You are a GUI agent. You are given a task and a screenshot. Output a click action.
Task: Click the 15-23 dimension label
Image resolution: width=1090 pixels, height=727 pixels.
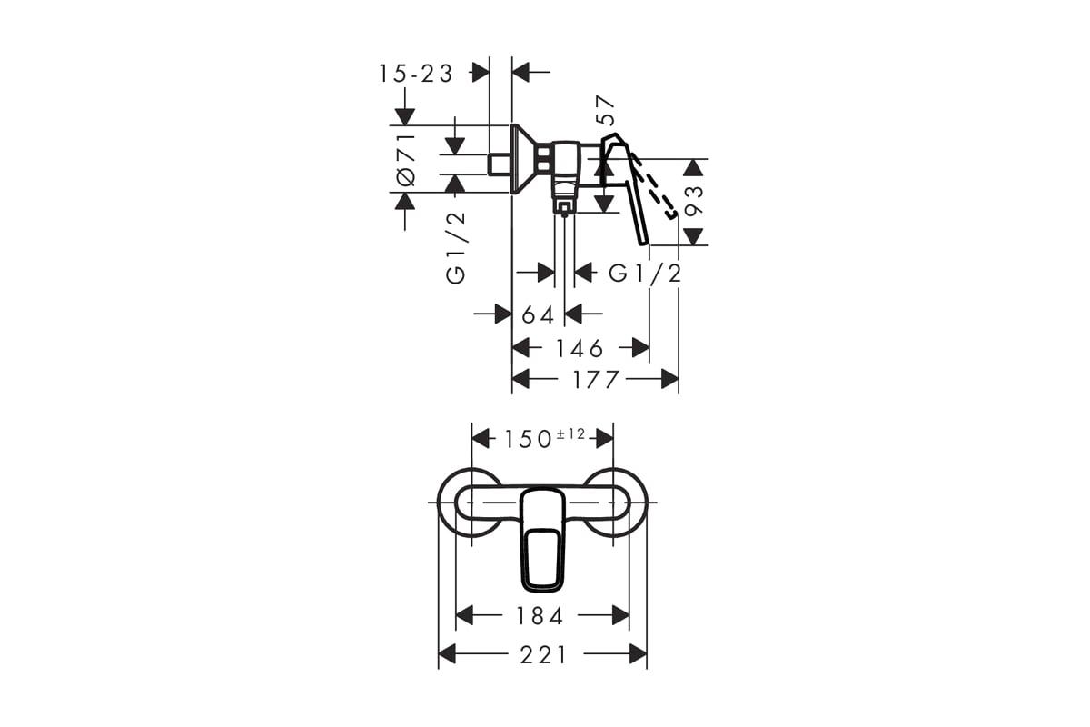[416, 74]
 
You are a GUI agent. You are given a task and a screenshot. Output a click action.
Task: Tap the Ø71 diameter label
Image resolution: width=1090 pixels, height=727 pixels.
[407, 160]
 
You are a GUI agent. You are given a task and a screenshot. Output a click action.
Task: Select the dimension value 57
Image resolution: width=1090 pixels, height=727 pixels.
[606, 110]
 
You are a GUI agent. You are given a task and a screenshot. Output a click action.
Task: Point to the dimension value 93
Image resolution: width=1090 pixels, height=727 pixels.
[694, 201]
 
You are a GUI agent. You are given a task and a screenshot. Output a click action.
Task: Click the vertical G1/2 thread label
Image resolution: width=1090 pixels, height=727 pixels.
[456, 248]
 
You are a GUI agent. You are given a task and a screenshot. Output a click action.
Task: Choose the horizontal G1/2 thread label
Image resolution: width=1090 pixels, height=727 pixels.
[645, 274]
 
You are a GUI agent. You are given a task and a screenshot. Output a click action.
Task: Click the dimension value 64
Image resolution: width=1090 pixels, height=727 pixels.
[538, 315]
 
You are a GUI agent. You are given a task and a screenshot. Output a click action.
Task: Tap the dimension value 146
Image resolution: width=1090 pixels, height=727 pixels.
[580, 349]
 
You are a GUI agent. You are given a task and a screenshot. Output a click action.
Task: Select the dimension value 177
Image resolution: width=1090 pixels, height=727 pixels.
[596, 380]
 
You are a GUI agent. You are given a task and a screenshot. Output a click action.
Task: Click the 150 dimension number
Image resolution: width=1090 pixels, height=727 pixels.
[528, 439]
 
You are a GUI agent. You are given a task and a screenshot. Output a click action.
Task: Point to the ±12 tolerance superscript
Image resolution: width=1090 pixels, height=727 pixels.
[570, 433]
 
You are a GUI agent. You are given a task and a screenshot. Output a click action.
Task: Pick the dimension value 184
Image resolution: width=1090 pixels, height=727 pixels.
[540, 616]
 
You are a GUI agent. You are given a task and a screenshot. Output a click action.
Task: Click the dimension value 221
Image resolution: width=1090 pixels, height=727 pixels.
[543, 655]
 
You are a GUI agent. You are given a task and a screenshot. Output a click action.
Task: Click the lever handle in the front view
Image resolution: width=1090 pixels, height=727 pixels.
[542, 541]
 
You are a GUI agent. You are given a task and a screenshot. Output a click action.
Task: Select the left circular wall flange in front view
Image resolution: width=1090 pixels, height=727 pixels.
[439, 502]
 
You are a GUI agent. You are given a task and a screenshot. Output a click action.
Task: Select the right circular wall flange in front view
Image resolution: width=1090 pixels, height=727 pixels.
[646, 502]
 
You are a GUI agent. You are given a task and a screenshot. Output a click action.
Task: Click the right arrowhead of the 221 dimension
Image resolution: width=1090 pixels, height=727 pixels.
[638, 654]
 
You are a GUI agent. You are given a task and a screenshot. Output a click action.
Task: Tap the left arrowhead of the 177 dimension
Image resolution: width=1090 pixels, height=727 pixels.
[520, 379]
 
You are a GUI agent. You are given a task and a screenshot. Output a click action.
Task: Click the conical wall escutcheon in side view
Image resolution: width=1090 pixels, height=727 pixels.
[523, 159]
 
